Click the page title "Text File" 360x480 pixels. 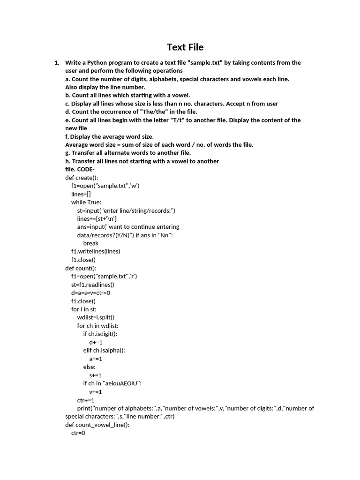[x=185, y=47]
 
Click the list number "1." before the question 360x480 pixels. [x=57, y=62]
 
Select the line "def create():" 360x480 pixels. [x=82, y=178]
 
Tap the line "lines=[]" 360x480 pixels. [x=81, y=194]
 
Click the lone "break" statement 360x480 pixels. [x=91, y=243]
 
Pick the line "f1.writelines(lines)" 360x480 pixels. [x=96, y=251]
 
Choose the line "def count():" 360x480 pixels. [x=81, y=268]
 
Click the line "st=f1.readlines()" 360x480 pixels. [x=93, y=285]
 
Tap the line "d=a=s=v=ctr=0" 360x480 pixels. [x=90, y=293]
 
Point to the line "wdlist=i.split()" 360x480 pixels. [x=96, y=317]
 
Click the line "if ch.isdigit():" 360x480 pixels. [x=100, y=334]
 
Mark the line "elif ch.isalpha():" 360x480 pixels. [x=104, y=350]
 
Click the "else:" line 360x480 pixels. [x=90, y=367]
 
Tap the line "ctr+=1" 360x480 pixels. [x=86, y=400]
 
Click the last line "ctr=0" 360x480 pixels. [x=78, y=433]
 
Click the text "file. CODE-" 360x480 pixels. [x=80, y=169]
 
